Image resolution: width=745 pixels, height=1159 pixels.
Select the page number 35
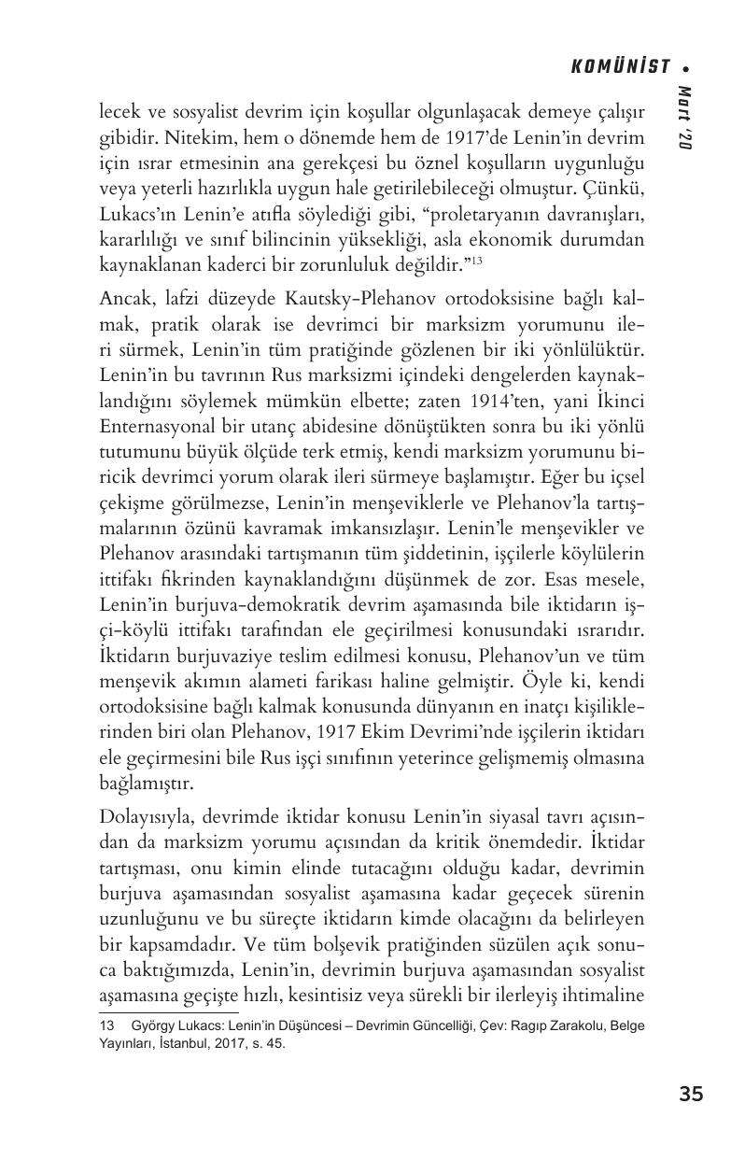click(x=691, y=1094)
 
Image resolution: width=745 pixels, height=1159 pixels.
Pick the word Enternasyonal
click(x=154, y=426)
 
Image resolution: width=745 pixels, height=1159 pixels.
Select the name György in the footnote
click(x=154, y=1025)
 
